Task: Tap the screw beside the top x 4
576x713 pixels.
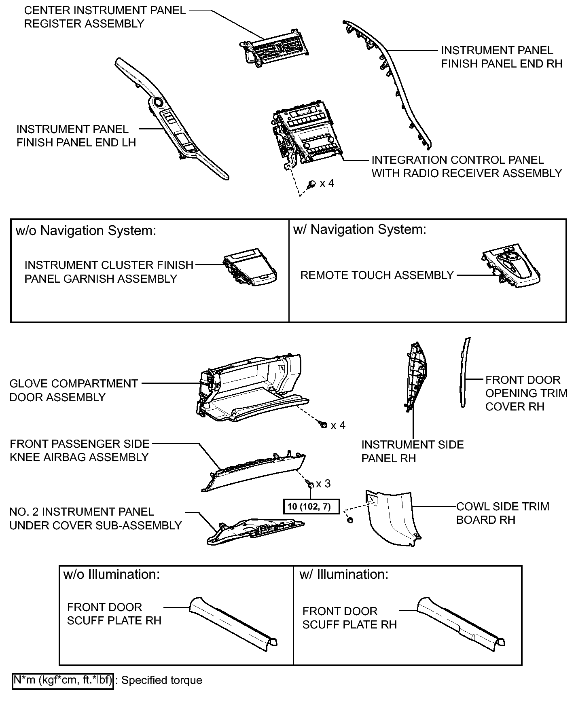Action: [312, 184]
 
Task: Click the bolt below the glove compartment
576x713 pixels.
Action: [323, 425]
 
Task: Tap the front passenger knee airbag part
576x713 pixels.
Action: [254, 472]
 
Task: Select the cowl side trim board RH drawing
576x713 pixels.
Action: [394, 518]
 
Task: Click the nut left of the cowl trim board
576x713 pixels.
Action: [350, 520]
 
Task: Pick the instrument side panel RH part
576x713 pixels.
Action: [416, 376]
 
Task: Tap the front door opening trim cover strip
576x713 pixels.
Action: [465, 372]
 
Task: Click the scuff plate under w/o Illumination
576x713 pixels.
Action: [234, 624]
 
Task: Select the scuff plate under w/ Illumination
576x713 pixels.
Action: [461, 624]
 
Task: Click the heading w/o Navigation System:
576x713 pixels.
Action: [86, 231]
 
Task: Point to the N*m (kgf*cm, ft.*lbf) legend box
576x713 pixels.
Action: [63, 680]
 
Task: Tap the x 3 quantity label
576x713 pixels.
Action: [323, 484]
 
